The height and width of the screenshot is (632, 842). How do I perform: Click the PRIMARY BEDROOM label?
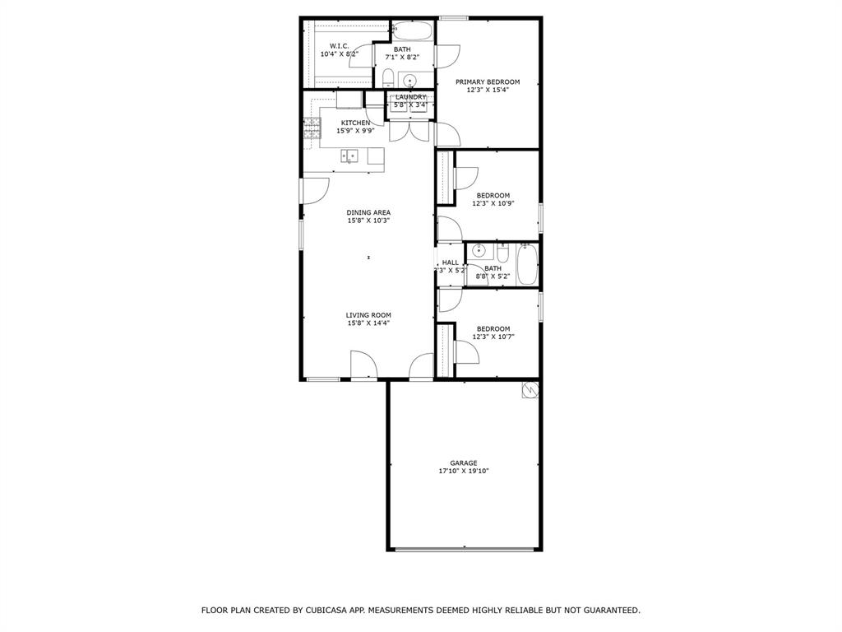488,81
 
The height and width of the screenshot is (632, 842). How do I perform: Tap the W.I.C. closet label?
340,46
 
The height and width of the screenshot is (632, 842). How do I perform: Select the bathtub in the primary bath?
412,31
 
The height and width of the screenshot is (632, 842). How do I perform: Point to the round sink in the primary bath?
409,80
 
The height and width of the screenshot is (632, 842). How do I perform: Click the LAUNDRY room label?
411,97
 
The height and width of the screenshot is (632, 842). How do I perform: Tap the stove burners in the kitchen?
312,127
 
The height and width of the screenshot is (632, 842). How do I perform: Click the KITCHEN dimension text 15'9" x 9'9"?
355,131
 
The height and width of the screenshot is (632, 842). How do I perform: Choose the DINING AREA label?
368,212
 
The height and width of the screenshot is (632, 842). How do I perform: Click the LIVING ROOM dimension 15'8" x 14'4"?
368,323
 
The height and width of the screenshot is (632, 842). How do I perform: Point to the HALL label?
450,263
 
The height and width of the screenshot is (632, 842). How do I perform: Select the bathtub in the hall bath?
526,265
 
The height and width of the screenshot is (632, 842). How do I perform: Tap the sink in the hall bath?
479,251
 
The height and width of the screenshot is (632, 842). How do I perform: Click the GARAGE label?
463,463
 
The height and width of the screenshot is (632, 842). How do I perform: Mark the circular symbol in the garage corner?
530,390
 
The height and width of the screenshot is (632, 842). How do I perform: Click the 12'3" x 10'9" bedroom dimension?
493,203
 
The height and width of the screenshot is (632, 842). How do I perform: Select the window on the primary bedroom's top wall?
453,17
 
